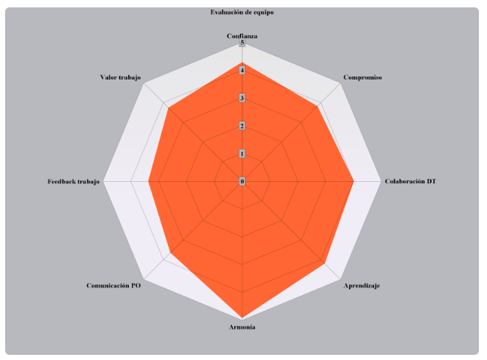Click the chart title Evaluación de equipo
point(242,13)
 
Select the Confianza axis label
point(242,36)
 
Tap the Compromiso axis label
point(362,77)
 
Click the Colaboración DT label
point(410,181)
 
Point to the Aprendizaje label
point(362,285)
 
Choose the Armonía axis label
point(242,327)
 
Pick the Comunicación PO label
point(113,285)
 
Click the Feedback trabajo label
point(73,181)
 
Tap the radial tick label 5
point(242,44)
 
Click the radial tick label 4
point(242,71)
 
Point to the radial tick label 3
point(242,99)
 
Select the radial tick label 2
point(242,126)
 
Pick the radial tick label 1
point(242,154)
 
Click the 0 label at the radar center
point(242,181)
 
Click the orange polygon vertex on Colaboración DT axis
point(354,181)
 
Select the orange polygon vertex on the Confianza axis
point(242,65)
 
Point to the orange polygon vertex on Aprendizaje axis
point(325,263)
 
